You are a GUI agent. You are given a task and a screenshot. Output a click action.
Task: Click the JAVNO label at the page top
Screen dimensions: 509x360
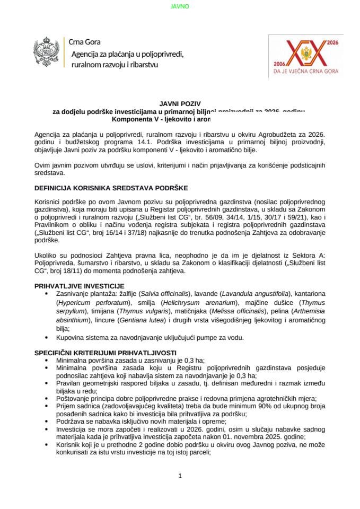coord(180,6)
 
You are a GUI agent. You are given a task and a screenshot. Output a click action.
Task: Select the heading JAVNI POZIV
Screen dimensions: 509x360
coord(180,104)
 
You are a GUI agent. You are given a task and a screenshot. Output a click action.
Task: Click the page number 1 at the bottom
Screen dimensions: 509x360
coord(180,476)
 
